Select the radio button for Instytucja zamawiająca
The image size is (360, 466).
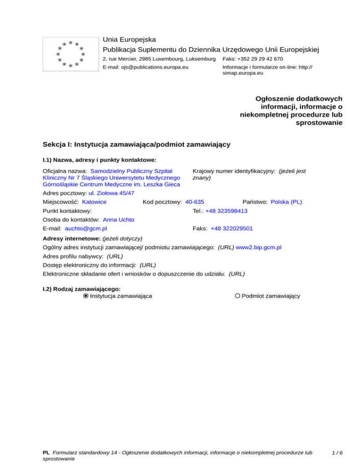(x=86, y=296)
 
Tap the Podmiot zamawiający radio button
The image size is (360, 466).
(x=238, y=296)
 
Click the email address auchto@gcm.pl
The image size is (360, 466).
(x=86, y=228)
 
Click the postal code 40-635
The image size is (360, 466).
(x=195, y=202)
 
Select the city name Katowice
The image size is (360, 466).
(x=94, y=202)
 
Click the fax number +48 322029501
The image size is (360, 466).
(x=232, y=228)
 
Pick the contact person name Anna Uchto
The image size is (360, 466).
(x=119, y=220)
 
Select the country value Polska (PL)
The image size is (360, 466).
(x=286, y=202)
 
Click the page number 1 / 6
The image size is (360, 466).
(x=337, y=452)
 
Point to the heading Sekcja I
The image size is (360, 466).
(x=136, y=144)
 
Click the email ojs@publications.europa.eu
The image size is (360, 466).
(x=146, y=68)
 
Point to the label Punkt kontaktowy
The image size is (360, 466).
(x=67, y=211)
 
